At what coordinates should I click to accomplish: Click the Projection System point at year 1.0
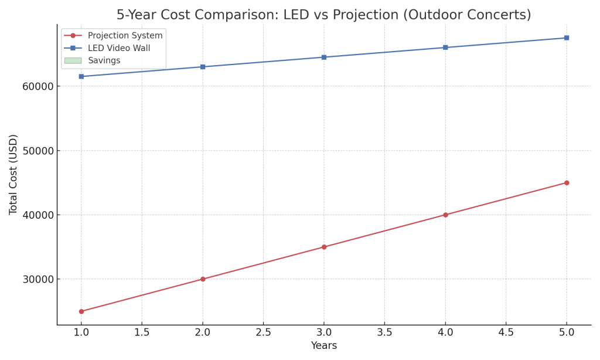[81, 311]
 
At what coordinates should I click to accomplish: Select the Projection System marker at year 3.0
[324, 247]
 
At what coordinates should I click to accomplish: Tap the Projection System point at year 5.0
[567, 182]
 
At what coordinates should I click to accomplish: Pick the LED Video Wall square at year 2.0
[203, 67]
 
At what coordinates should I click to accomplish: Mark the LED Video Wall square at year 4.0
[445, 47]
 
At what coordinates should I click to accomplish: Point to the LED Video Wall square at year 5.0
[567, 38]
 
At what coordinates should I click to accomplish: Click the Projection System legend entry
[125, 36]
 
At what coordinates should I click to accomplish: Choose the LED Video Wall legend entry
[119, 48]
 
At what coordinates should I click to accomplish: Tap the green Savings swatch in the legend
[73, 60]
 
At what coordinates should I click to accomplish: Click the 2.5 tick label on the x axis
[263, 332]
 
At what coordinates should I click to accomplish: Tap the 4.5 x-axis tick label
[506, 332]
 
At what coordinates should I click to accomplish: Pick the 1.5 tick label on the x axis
[142, 332]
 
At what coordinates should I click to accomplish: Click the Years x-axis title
[324, 346]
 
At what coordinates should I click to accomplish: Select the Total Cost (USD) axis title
[13, 174]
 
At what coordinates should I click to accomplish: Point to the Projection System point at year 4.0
[445, 215]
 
